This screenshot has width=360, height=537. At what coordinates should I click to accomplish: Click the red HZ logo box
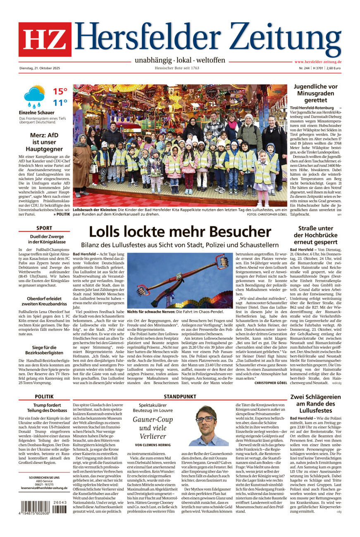[x=45, y=39]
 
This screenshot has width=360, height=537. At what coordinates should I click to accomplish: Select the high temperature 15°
[x=60, y=91]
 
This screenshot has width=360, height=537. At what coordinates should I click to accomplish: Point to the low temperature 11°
[x=60, y=103]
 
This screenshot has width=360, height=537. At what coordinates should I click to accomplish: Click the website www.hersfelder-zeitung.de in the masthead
[x=318, y=62]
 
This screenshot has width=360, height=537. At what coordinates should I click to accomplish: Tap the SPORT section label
[x=44, y=228]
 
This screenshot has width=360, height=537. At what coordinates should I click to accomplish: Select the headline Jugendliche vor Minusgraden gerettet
[x=316, y=93]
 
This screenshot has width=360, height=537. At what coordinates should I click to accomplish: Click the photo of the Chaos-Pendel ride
[x=180, y=280]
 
